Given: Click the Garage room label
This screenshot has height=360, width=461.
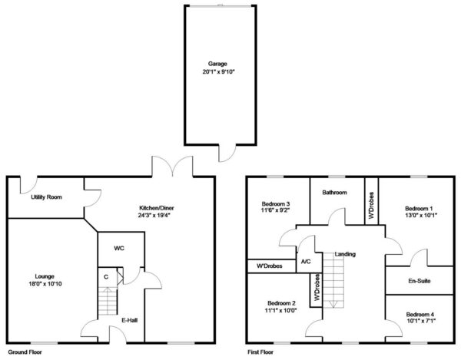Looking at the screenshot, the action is coord(217,64).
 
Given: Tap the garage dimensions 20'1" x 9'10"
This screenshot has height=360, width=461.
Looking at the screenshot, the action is coord(219,71).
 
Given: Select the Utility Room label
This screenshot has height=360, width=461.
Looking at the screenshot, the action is coord(46,197).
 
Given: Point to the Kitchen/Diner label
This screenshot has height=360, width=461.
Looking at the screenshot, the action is coord(157,208).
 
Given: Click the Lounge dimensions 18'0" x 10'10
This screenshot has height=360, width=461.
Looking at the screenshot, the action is coord(45,284).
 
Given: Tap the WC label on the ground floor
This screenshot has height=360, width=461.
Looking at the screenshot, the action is coord(119,249).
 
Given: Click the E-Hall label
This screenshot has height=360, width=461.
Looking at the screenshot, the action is coord(129,320).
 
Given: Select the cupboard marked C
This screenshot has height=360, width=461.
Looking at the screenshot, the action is coord(106,277).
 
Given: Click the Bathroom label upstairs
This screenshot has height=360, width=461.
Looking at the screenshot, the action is coord(334,193).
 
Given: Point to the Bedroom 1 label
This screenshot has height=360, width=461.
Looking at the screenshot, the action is coord(419,209).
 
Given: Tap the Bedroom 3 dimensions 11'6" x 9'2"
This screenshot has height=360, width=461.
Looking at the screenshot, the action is coord(276,210).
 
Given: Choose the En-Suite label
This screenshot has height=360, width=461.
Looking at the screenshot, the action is coord(420,281).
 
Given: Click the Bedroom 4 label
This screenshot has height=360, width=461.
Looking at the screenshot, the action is coord(420,315).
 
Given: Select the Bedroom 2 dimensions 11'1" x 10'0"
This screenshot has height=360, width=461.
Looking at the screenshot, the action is coord(282,310).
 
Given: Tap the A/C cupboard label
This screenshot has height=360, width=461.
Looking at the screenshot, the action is coord(306,261).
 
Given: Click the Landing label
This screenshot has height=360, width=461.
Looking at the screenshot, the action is coord(345,254).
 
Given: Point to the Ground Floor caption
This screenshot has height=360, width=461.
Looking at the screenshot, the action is coord(25,352).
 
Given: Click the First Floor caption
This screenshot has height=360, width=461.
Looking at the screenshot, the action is coord(260,352).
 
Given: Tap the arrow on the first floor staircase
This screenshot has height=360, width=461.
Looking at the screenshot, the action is coord(333,304).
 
